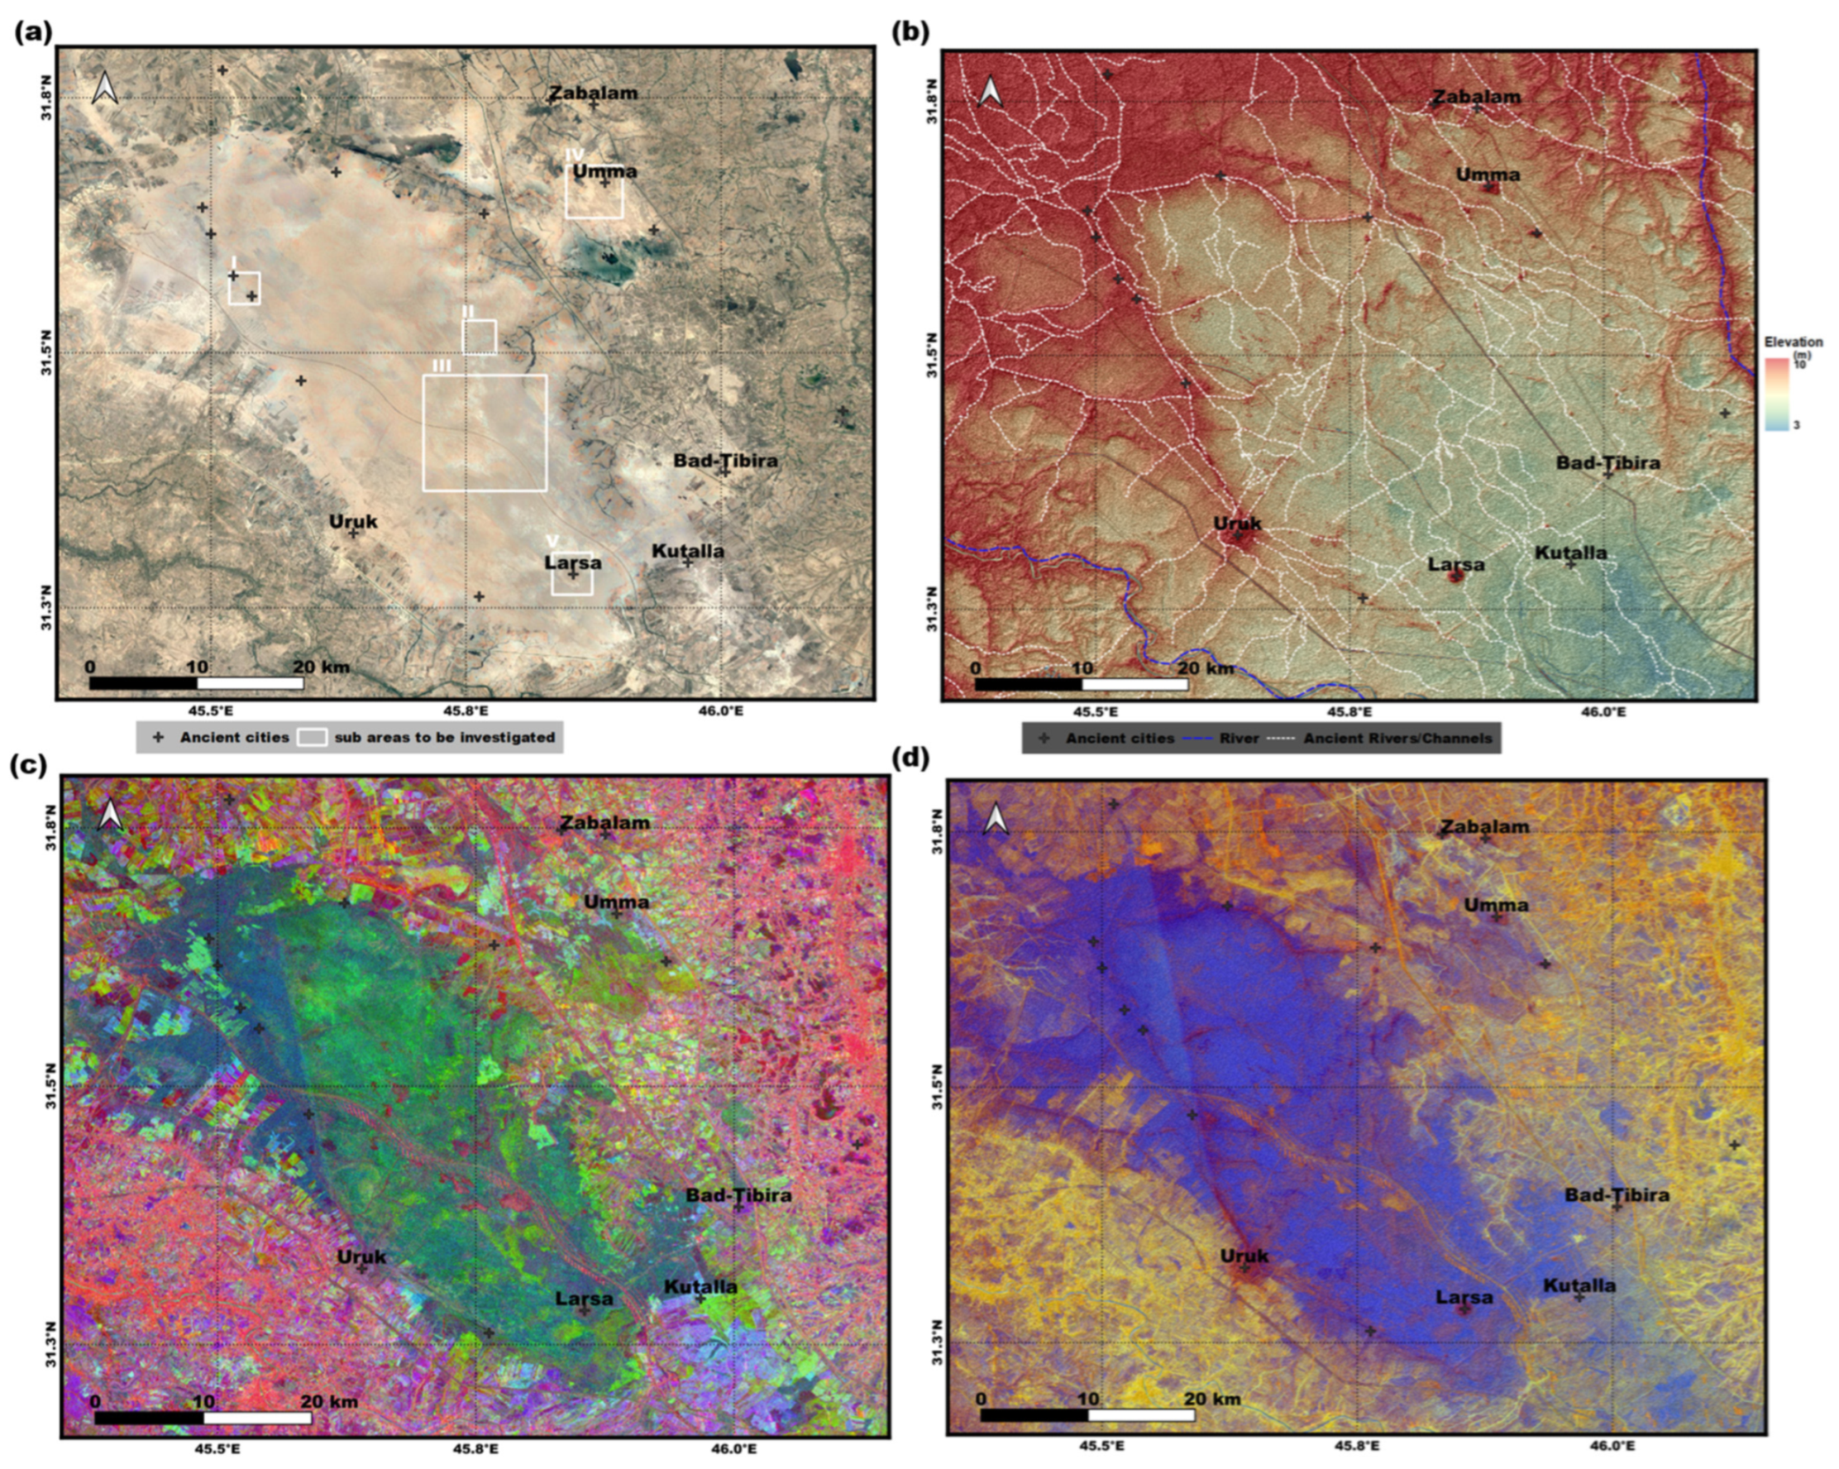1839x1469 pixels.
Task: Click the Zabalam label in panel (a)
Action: [593, 93]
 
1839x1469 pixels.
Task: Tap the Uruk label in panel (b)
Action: [1238, 524]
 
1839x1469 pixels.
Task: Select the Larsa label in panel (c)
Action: [585, 1299]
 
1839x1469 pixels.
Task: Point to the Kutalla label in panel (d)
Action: [1579, 1285]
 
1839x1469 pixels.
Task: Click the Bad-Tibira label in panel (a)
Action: [725, 461]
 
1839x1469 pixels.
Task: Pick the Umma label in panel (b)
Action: [1488, 175]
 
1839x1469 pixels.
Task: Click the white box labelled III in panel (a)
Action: [485, 433]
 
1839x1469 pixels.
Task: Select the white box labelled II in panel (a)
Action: [480, 336]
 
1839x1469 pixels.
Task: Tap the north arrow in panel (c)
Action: [110, 815]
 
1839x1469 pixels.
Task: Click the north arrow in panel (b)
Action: [990, 90]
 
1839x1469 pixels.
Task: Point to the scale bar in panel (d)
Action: [1087, 1414]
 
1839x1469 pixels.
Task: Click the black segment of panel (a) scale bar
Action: [142, 682]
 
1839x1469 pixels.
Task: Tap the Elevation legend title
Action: [1793, 342]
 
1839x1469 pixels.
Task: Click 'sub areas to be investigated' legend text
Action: [444, 737]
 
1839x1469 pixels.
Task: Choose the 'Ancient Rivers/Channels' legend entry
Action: [1397, 738]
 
